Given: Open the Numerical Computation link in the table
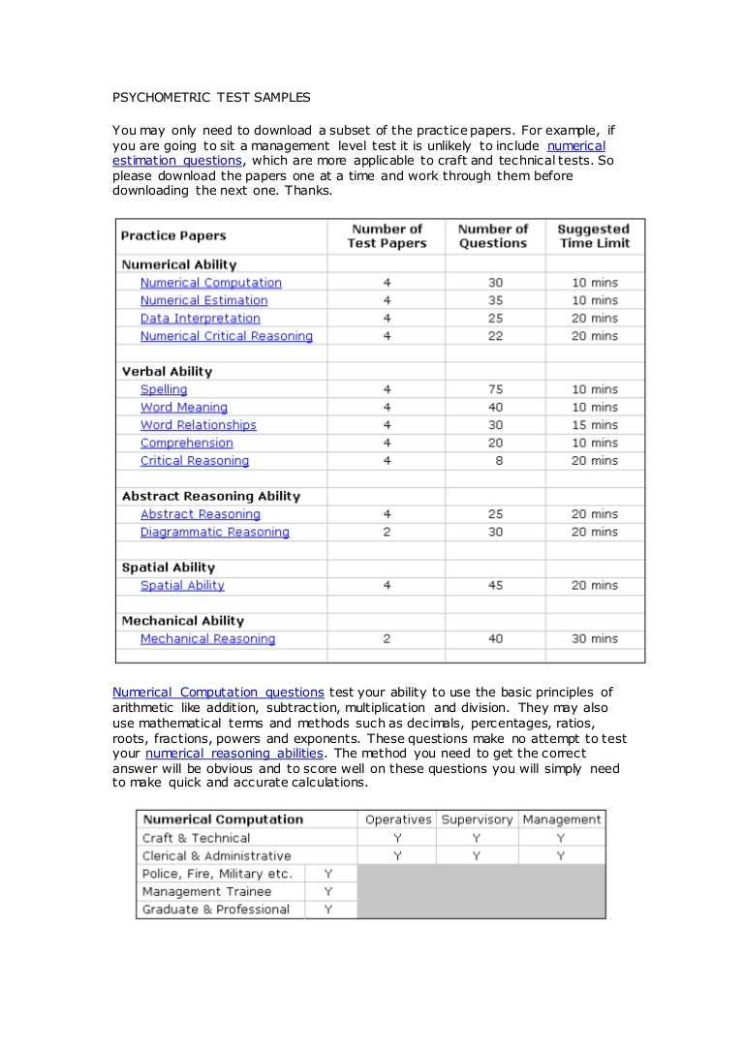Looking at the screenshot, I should coord(210,283).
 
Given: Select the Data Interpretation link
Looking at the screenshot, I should coord(200,319).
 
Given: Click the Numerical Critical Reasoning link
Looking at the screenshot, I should coord(226,336).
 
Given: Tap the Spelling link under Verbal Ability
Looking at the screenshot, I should coord(164,389).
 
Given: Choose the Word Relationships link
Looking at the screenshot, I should coord(198,425).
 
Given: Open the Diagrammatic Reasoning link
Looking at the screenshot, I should coord(214,532).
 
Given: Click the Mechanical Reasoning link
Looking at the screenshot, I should coord(207,639).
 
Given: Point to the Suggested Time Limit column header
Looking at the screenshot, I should coord(593,236).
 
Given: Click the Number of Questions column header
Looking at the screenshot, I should coord(493,236).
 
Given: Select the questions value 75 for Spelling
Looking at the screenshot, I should coord(495,389).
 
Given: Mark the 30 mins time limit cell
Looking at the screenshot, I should coord(594,639).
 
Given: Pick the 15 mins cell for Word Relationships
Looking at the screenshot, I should coord(594,425).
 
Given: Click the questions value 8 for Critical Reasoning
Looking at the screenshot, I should coord(499,461).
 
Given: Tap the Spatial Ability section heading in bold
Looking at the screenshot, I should coord(169,568).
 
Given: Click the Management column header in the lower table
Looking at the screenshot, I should coord(562,820).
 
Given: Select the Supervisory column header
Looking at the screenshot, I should coord(477,820).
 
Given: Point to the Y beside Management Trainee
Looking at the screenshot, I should coord(328,891).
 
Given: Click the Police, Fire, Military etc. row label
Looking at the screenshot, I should coord(217,874).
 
